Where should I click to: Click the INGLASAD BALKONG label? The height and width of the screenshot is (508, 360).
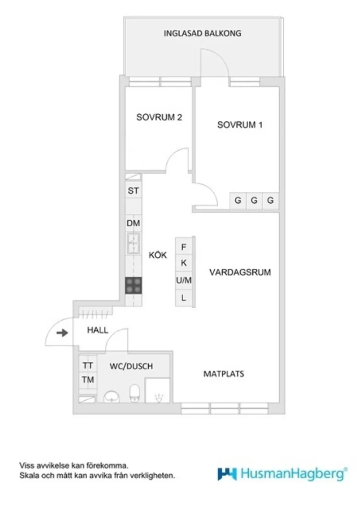202,33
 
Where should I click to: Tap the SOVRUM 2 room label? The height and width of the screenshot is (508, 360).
159,117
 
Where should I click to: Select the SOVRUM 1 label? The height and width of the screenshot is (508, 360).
240,125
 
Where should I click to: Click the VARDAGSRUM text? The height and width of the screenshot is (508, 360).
240,273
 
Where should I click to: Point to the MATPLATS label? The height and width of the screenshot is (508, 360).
224,374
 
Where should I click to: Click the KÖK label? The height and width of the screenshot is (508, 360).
158,256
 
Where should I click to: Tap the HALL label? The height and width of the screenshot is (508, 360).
97,330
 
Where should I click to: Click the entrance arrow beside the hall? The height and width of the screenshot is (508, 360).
63,333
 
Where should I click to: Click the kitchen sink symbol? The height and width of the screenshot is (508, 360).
134,243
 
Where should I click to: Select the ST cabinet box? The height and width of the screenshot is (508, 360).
134,191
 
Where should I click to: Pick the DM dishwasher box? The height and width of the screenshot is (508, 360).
134,223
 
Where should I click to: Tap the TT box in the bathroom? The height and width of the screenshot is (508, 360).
88,365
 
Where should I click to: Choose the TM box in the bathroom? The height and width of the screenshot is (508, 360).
88,380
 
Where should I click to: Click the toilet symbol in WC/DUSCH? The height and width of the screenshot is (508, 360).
134,392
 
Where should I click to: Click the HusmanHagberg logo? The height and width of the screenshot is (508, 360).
283,474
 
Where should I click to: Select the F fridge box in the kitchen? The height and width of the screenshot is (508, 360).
184,247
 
